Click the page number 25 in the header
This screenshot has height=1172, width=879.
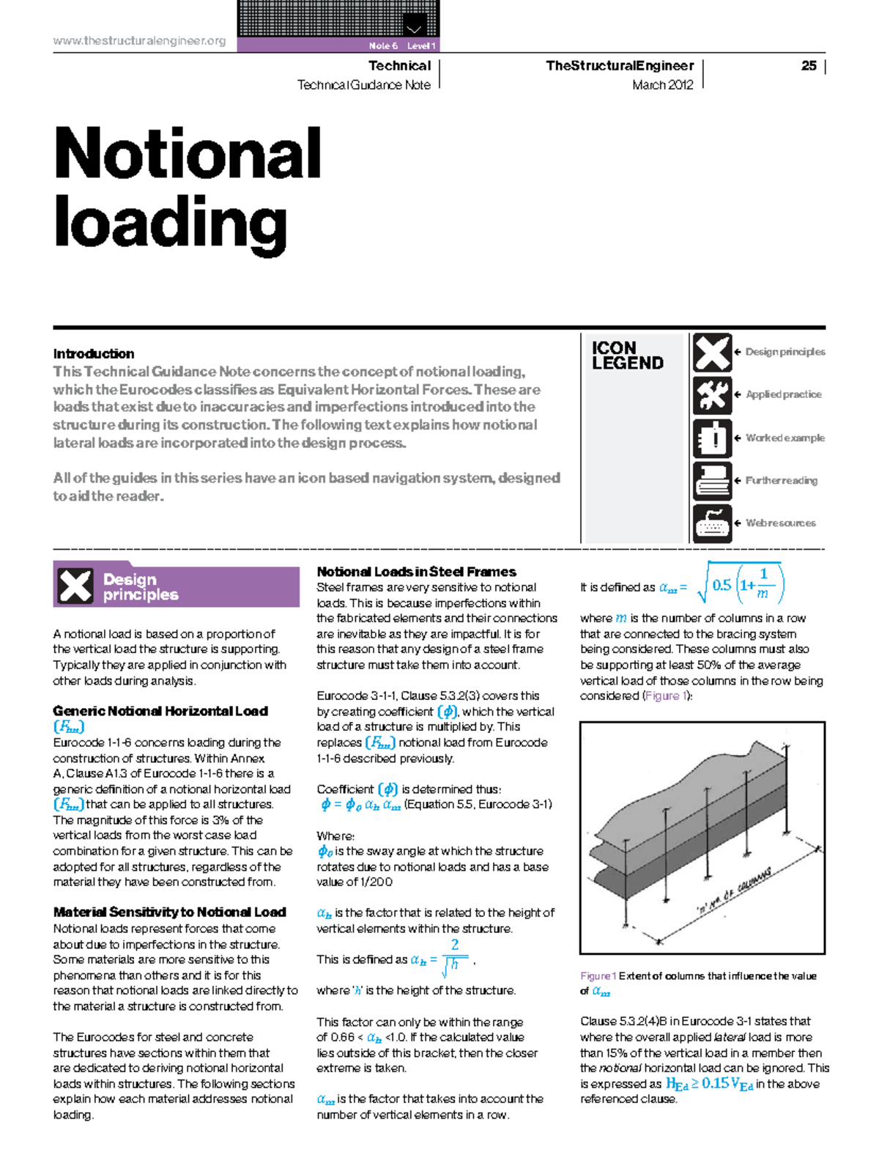(809, 66)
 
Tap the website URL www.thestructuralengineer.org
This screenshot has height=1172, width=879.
(139, 41)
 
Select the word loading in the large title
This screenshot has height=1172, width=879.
(170, 223)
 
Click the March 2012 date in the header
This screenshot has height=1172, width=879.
(662, 85)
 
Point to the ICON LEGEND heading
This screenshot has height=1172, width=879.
(627, 355)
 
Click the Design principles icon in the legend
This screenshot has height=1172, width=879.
(712, 353)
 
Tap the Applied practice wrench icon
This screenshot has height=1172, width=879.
(712, 395)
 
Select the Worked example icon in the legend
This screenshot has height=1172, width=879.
(712, 438)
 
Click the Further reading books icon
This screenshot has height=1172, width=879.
(712, 481)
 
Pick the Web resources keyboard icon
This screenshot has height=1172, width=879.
(712, 523)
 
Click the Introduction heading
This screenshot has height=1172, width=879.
(94, 354)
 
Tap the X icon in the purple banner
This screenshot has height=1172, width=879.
(75, 586)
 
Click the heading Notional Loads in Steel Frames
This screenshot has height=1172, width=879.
(416, 572)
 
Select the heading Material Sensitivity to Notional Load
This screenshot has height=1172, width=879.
(169, 913)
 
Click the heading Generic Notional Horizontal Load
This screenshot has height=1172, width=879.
(160, 711)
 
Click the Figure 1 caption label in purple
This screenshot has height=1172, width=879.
(598, 976)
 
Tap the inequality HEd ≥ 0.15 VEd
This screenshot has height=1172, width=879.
(709, 1084)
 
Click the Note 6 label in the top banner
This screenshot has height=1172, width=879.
(383, 45)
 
